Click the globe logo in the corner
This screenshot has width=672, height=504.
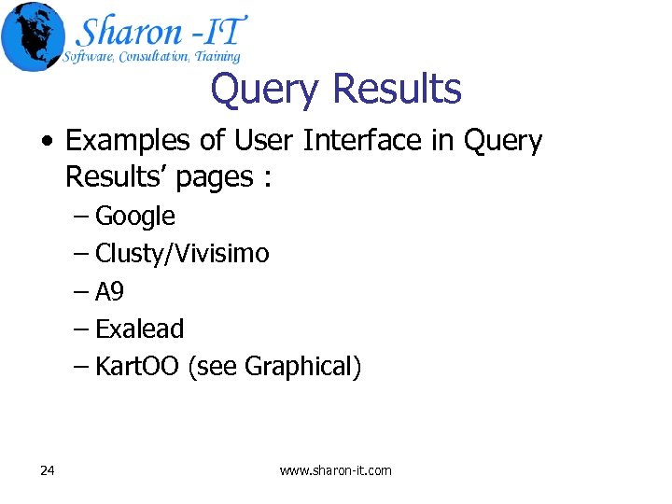(33, 36)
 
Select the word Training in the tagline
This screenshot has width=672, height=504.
(218, 57)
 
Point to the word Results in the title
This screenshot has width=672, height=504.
(396, 90)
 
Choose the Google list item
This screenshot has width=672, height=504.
(135, 217)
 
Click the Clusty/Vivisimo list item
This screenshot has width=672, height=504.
(182, 254)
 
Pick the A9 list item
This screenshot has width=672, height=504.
(109, 292)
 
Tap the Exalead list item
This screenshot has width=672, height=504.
(140, 329)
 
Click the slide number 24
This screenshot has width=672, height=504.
(48, 470)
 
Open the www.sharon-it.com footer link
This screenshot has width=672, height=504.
(336, 470)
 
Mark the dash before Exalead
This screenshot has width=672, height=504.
(81, 329)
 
